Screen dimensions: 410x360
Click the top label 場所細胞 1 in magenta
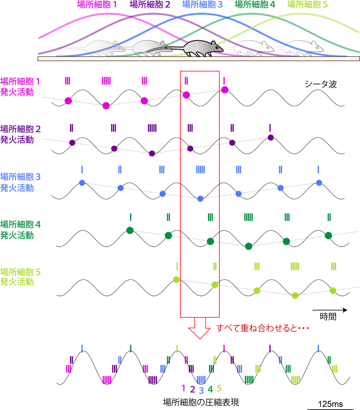pos(97,5)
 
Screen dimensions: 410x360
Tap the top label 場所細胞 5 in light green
pos(308,5)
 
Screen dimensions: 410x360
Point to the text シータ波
pos(320,84)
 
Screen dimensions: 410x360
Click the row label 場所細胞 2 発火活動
pos(20,134)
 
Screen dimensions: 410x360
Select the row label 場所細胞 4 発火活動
pos(20,230)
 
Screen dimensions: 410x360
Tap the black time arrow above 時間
pos(330,310)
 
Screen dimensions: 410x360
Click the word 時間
pos(328,317)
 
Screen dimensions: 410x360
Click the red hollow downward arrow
pos(200,327)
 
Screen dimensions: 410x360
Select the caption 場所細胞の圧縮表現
pos(201,402)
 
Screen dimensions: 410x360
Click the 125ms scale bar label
pos(330,404)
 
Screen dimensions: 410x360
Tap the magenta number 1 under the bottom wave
pos(183,388)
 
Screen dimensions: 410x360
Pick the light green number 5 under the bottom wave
pos(219,388)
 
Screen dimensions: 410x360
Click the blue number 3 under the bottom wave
pos(201,390)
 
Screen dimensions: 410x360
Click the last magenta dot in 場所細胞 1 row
pos(224,90)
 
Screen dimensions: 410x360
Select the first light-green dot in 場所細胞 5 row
pos(176,279)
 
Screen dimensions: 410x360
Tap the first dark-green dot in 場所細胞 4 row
pos(129,230)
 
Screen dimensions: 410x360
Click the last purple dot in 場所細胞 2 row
pos(271,137)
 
